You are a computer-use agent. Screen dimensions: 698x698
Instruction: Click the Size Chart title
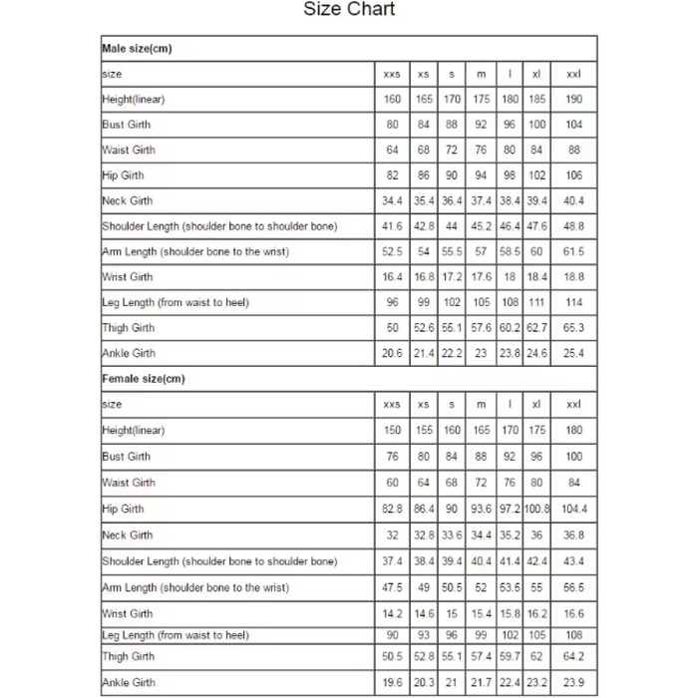coord(349,10)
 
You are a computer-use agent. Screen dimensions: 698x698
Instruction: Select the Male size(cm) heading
coord(138,49)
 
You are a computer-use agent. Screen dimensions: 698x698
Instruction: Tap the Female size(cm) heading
coord(144,379)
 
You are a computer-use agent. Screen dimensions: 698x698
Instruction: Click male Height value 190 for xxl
coord(574,100)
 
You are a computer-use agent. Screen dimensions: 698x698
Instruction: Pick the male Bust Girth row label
coord(127,125)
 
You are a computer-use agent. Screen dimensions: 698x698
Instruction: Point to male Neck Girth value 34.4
coord(393,201)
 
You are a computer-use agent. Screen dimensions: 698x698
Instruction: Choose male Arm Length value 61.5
coord(574,252)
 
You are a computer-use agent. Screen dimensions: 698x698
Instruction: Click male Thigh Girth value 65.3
coord(574,328)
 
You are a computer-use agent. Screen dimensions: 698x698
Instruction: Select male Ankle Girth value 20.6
coord(393,353)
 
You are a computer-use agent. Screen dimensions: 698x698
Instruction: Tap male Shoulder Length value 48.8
coord(574,226)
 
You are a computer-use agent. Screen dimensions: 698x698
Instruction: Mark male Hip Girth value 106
coord(574,175)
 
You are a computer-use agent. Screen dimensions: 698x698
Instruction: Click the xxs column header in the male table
coord(393,75)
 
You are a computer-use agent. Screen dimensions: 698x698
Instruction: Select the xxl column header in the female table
coord(574,405)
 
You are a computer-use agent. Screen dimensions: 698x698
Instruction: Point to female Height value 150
coord(393,431)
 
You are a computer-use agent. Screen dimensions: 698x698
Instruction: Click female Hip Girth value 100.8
coord(537,509)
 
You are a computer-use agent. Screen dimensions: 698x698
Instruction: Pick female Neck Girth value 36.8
coord(574,535)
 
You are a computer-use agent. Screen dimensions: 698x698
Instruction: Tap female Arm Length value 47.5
coord(393,588)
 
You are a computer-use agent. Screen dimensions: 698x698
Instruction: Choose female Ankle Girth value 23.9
coord(574,683)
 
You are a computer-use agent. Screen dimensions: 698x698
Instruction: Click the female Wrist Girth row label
coord(128,614)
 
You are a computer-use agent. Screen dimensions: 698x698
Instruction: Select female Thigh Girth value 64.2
coord(574,657)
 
